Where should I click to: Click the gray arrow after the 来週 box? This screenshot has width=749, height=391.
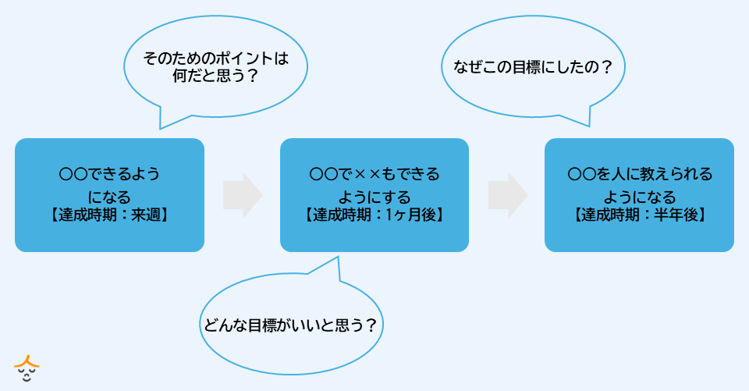[243, 195]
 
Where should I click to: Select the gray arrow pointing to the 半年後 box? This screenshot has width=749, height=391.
[508, 195]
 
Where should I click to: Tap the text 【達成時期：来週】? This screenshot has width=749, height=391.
[109, 213]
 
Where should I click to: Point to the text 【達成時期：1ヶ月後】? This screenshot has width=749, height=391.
[374, 213]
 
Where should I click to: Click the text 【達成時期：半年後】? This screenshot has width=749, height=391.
[639, 213]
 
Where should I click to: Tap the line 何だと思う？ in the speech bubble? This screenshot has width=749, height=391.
[215, 76]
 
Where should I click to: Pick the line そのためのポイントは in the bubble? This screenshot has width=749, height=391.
[216, 59]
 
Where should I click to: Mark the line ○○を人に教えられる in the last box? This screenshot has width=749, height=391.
[639, 174]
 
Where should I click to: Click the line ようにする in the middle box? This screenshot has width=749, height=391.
[374, 196]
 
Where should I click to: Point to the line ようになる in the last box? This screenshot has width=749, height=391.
[639, 196]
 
